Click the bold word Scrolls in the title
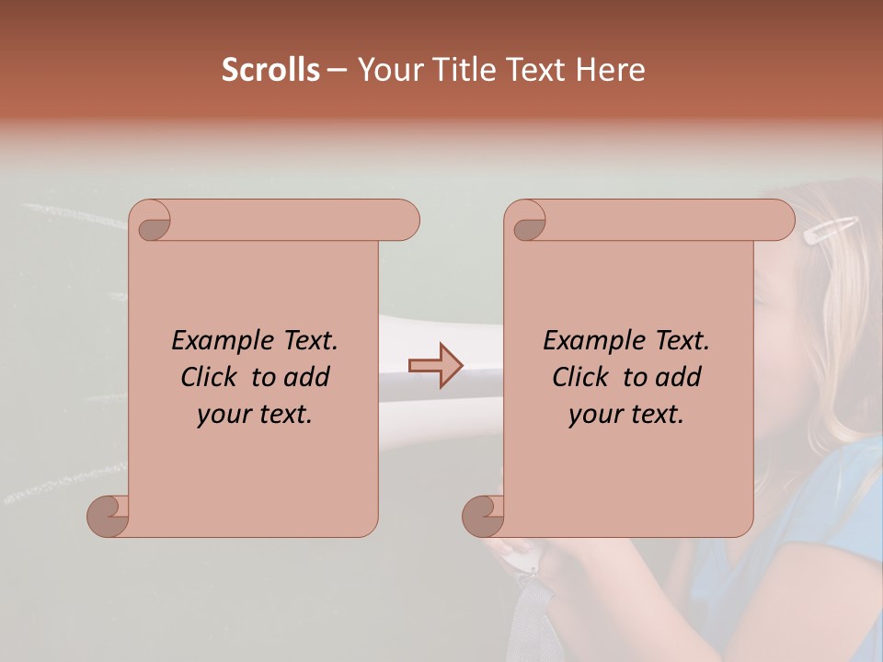tap(271, 70)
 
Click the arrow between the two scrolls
tap(436, 366)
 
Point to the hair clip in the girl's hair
tap(831, 230)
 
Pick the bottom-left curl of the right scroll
tap(484, 516)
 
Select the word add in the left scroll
tap(306, 377)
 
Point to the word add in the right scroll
tap(678, 377)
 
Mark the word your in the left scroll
tap(224, 415)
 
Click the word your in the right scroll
tap(595, 415)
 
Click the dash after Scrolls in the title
tap(337, 70)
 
